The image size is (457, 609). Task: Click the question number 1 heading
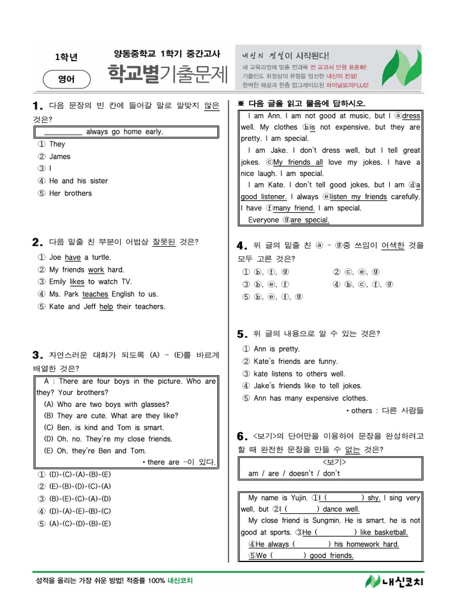[38, 106]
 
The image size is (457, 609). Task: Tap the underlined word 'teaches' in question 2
[95, 294]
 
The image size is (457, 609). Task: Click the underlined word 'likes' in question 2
[77, 281]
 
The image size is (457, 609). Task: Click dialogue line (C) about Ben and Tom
[104, 428]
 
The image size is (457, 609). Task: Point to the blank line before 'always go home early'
[63, 132]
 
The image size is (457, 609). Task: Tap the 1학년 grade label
[66, 57]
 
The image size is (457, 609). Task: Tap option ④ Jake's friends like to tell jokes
[302, 386]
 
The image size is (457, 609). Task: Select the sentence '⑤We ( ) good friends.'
[301, 555]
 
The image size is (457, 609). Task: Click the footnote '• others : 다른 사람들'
[384, 410]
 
